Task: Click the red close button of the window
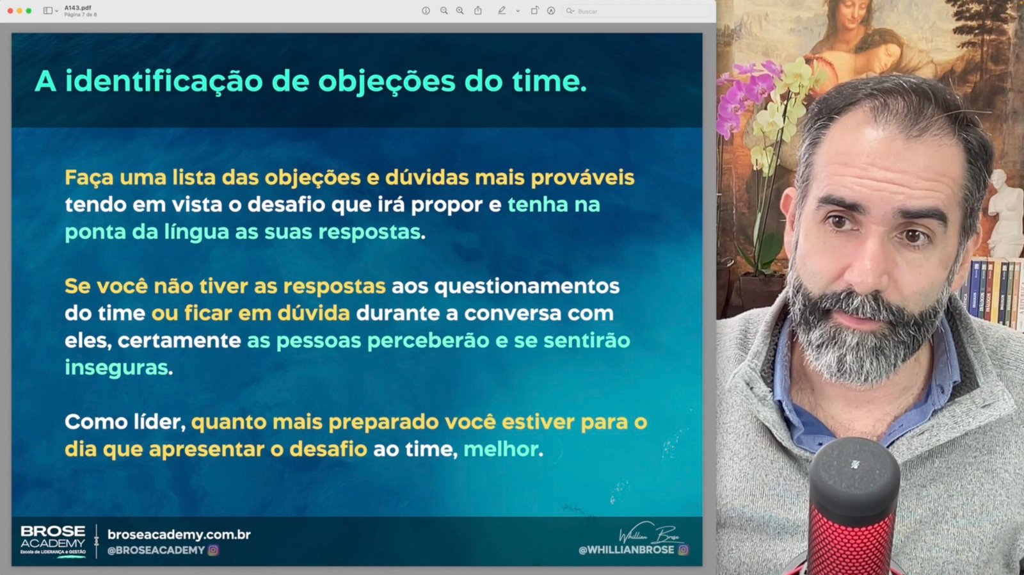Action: click(10, 10)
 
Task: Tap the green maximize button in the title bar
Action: click(29, 10)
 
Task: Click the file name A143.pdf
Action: click(77, 8)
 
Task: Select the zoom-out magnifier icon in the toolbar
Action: click(444, 10)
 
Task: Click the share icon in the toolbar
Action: click(477, 10)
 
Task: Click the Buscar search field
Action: click(636, 11)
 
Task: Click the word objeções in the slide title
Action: click(387, 82)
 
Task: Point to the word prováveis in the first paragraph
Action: click(582, 178)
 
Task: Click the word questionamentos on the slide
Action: click(527, 287)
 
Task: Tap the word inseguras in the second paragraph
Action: click(116, 368)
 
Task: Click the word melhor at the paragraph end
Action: click(500, 449)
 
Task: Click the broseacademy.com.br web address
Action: click(179, 534)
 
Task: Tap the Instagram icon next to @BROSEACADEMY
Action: click(213, 550)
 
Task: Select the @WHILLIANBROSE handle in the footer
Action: click(626, 550)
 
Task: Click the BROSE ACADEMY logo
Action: click(53, 540)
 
